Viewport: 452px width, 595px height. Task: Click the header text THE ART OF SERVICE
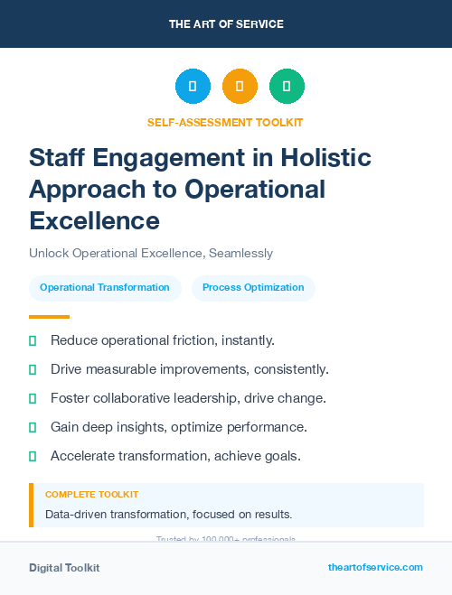pos(226,24)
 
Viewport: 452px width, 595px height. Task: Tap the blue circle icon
pos(193,86)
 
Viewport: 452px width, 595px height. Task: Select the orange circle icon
pos(240,86)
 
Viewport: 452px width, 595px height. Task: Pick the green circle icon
pos(287,86)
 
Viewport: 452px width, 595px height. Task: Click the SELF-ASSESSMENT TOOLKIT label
pos(225,123)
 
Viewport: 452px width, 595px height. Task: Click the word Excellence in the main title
pos(94,220)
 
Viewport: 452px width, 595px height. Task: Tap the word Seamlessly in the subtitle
pos(240,254)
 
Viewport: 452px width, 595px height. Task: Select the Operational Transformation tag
pos(105,287)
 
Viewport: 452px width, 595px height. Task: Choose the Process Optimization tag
pos(253,287)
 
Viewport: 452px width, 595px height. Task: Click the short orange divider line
pos(49,317)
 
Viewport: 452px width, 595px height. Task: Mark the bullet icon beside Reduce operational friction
pos(33,340)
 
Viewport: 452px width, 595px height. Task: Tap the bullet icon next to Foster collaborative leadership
pos(33,398)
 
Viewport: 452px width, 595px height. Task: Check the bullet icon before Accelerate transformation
pos(33,456)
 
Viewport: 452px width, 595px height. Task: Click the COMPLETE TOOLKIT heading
pos(91,495)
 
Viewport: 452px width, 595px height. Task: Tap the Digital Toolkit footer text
pos(64,568)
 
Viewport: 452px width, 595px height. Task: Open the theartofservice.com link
pos(375,567)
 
